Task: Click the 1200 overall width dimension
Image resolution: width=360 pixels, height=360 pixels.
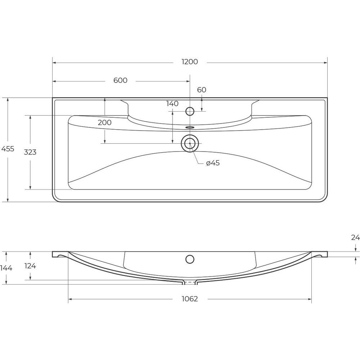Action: click(190, 62)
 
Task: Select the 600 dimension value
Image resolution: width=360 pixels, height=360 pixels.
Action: click(120, 80)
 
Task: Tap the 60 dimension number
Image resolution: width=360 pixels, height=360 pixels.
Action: click(202, 90)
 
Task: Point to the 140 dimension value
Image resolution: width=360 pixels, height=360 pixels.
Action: click(172, 104)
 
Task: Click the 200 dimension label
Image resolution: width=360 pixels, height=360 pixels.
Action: click(105, 122)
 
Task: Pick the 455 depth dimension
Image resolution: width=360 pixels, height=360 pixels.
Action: click(8, 149)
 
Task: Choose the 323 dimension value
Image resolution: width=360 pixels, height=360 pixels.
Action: click(30, 152)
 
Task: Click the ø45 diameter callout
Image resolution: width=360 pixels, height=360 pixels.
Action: click(213, 163)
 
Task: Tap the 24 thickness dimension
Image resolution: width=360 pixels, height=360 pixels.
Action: click(355, 238)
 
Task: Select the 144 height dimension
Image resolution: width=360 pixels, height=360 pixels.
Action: click(6, 268)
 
